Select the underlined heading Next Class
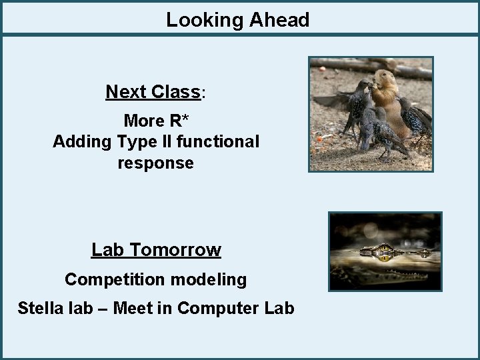click(x=153, y=91)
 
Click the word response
click(x=155, y=163)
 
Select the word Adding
click(x=82, y=141)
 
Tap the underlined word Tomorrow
click(x=175, y=250)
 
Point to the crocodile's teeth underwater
click(x=400, y=275)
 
